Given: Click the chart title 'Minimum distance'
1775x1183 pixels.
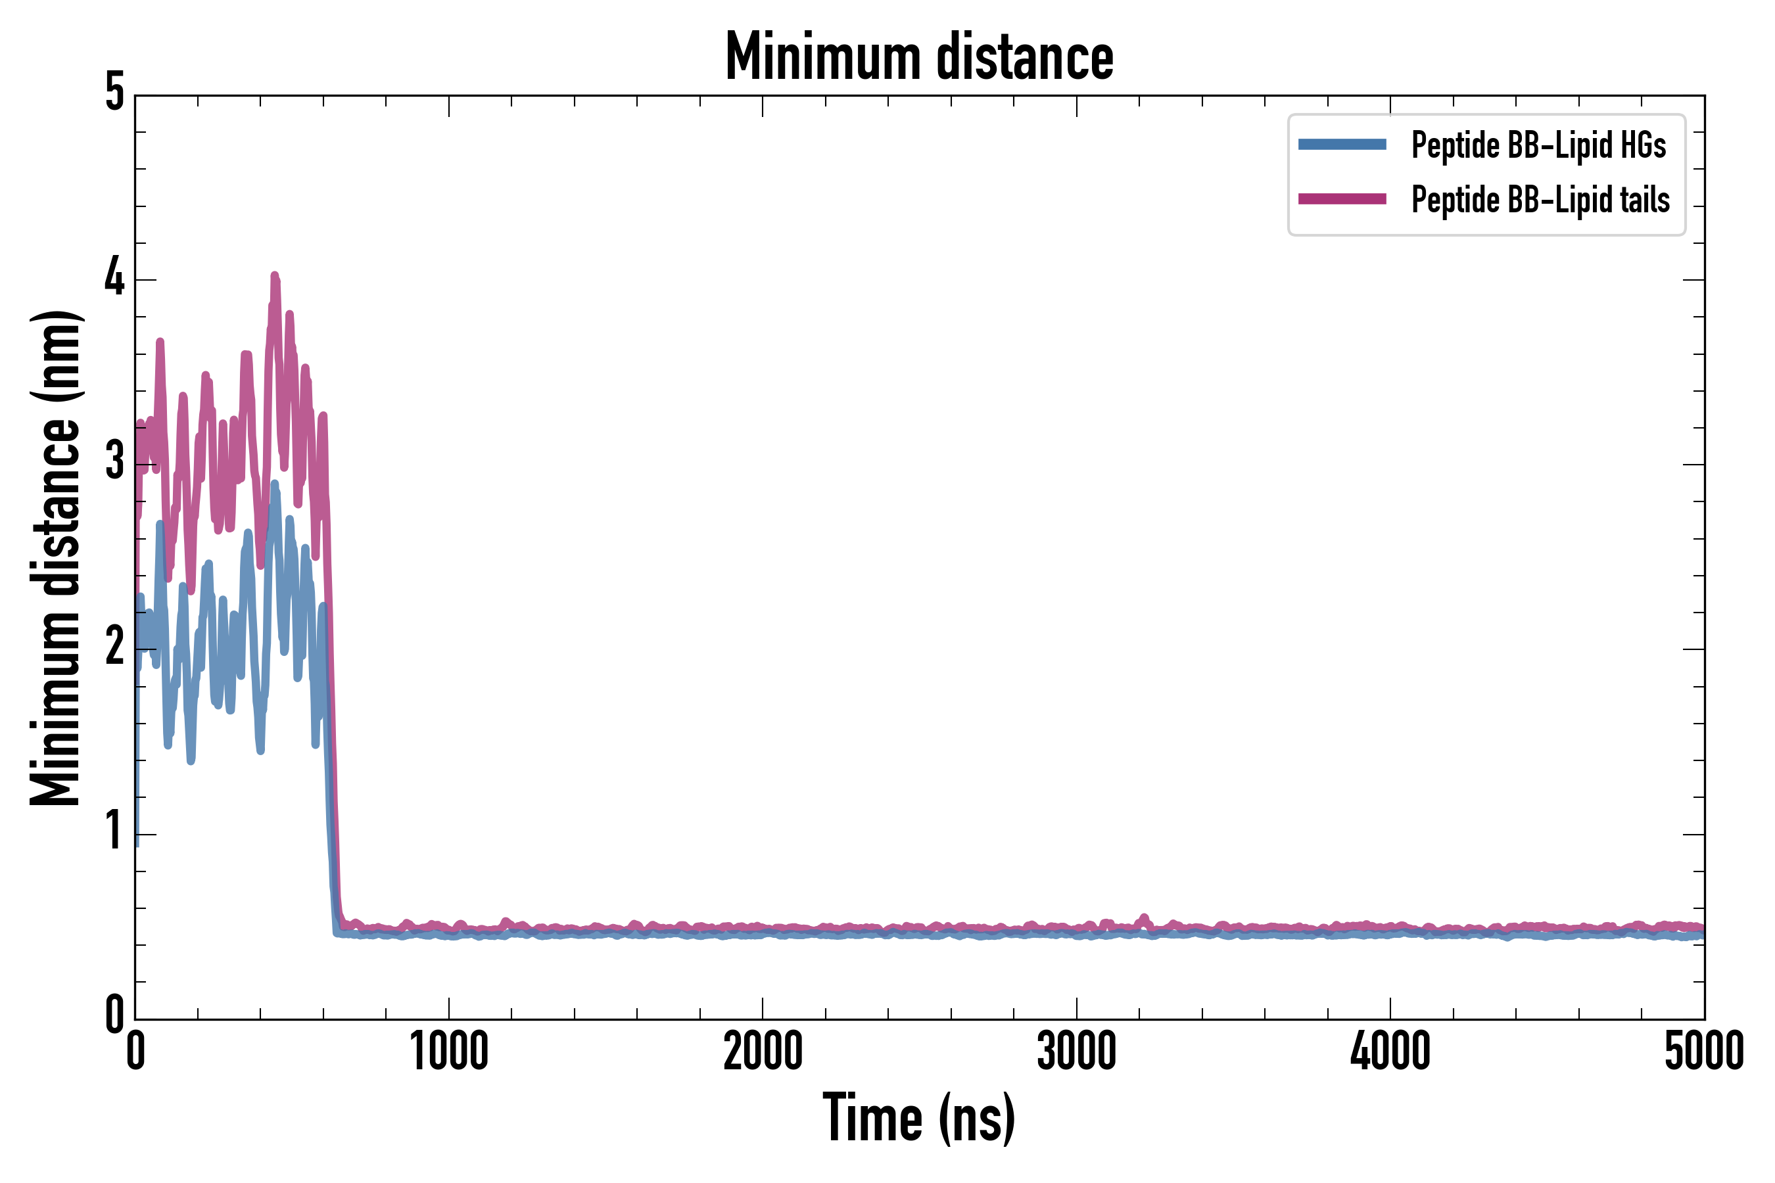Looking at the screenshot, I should [x=919, y=57].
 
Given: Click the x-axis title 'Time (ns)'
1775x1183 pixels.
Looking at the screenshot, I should [x=919, y=1118].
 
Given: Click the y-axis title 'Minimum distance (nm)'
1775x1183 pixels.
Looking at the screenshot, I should [x=56, y=558].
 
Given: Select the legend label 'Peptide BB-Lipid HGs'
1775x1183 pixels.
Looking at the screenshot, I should [x=1538, y=145].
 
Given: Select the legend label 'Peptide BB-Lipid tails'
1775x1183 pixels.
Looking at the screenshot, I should [x=1540, y=200].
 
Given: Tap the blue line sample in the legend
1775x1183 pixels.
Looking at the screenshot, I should [x=1342, y=145].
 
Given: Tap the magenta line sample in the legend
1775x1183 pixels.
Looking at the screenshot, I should [x=1342, y=199].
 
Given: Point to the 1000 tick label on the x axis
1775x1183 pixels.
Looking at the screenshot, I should [x=449, y=1052].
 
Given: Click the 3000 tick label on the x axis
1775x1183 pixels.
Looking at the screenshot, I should [x=1076, y=1052].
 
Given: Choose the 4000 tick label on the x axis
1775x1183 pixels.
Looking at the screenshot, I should [x=1390, y=1052].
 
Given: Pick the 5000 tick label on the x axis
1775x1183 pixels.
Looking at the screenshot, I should [x=1704, y=1052].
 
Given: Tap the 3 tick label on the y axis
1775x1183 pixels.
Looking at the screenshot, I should [x=114, y=463].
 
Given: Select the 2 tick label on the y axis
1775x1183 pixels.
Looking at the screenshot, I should [x=114, y=647].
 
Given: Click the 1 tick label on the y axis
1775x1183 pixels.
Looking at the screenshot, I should [x=114, y=832].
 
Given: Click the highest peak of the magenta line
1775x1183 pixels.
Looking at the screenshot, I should [x=275, y=276].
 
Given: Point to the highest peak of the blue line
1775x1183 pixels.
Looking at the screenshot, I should [x=275, y=484].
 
